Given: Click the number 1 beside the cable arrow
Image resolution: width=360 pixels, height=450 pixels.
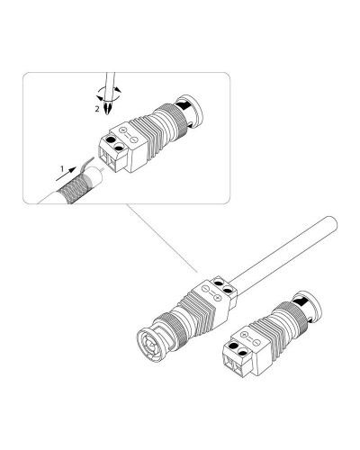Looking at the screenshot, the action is coord(62,169).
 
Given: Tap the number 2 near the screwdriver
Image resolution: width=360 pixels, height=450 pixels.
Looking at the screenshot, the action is coord(97,109).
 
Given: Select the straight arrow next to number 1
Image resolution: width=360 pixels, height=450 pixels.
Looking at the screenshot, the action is coord(66,175).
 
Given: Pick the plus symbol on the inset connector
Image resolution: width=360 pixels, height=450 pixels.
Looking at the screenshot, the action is coord(122,130).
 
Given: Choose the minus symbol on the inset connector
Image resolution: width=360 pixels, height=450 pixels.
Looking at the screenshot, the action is coord(135,139).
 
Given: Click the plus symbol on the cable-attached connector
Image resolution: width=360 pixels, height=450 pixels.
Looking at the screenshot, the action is coord(218,297).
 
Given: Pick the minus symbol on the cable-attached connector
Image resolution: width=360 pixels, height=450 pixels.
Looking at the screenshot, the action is coord(205,288).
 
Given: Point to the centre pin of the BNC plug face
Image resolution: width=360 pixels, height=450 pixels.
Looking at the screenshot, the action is coord(150,346).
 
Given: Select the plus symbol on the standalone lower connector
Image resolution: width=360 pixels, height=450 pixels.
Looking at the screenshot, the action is coord(245,334).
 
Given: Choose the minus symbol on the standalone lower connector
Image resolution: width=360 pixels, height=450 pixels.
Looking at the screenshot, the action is coord(256,342).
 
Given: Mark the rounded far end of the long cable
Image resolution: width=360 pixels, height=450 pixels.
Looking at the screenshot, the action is coord(331,223).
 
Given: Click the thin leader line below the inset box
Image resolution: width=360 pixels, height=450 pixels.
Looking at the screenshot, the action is coord(162,238).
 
